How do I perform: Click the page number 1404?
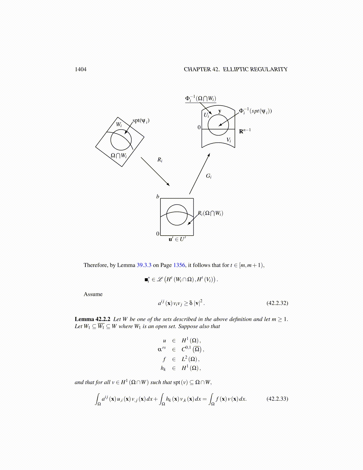[x=81, y=69]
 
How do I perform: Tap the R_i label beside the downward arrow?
[x=160, y=160]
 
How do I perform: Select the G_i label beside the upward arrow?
[x=209, y=176]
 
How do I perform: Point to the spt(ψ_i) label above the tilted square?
[x=141, y=120]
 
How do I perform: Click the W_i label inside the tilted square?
[x=119, y=125]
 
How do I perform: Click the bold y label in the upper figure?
[x=220, y=111]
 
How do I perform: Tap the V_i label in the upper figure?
[x=229, y=140]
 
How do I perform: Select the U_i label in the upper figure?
[x=206, y=115]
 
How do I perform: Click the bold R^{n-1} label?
[x=245, y=131]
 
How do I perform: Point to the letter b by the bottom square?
[x=158, y=196]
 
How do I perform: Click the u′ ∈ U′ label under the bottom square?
[x=177, y=239]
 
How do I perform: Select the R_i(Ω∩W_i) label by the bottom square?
[x=211, y=213]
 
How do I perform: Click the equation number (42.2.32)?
[x=277, y=303]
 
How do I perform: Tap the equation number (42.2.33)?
[x=277, y=398]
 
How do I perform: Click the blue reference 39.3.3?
[x=144, y=265]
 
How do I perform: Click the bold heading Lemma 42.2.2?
[x=93, y=319]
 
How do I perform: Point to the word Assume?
[x=93, y=294]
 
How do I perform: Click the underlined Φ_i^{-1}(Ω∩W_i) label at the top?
[x=201, y=99]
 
